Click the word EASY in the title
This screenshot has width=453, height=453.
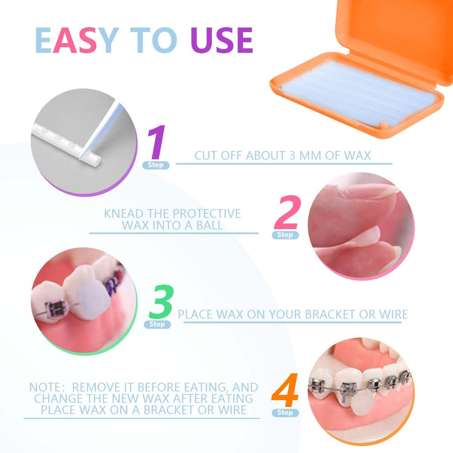(75, 40)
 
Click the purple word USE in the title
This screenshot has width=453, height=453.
(222, 40)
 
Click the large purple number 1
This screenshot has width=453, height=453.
(157, 142)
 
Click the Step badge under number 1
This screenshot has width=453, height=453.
(155, 165)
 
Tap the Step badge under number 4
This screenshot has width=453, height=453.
(285, 413)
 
